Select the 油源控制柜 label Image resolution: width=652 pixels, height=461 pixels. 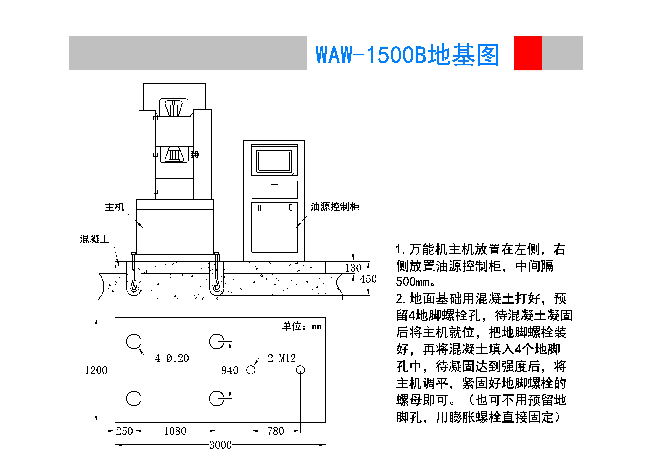(x=335, y=207)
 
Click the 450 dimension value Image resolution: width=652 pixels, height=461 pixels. (x=368, y=279)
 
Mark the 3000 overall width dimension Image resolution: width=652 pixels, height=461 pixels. (x=220, y=445)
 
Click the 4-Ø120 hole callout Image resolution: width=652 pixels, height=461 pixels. (x=172, y=358)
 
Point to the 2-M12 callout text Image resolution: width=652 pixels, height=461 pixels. (x=282, y=358)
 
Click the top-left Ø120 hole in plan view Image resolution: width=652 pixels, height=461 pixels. (x=134, y=341)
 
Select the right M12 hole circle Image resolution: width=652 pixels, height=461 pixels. (x=300, y=370)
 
